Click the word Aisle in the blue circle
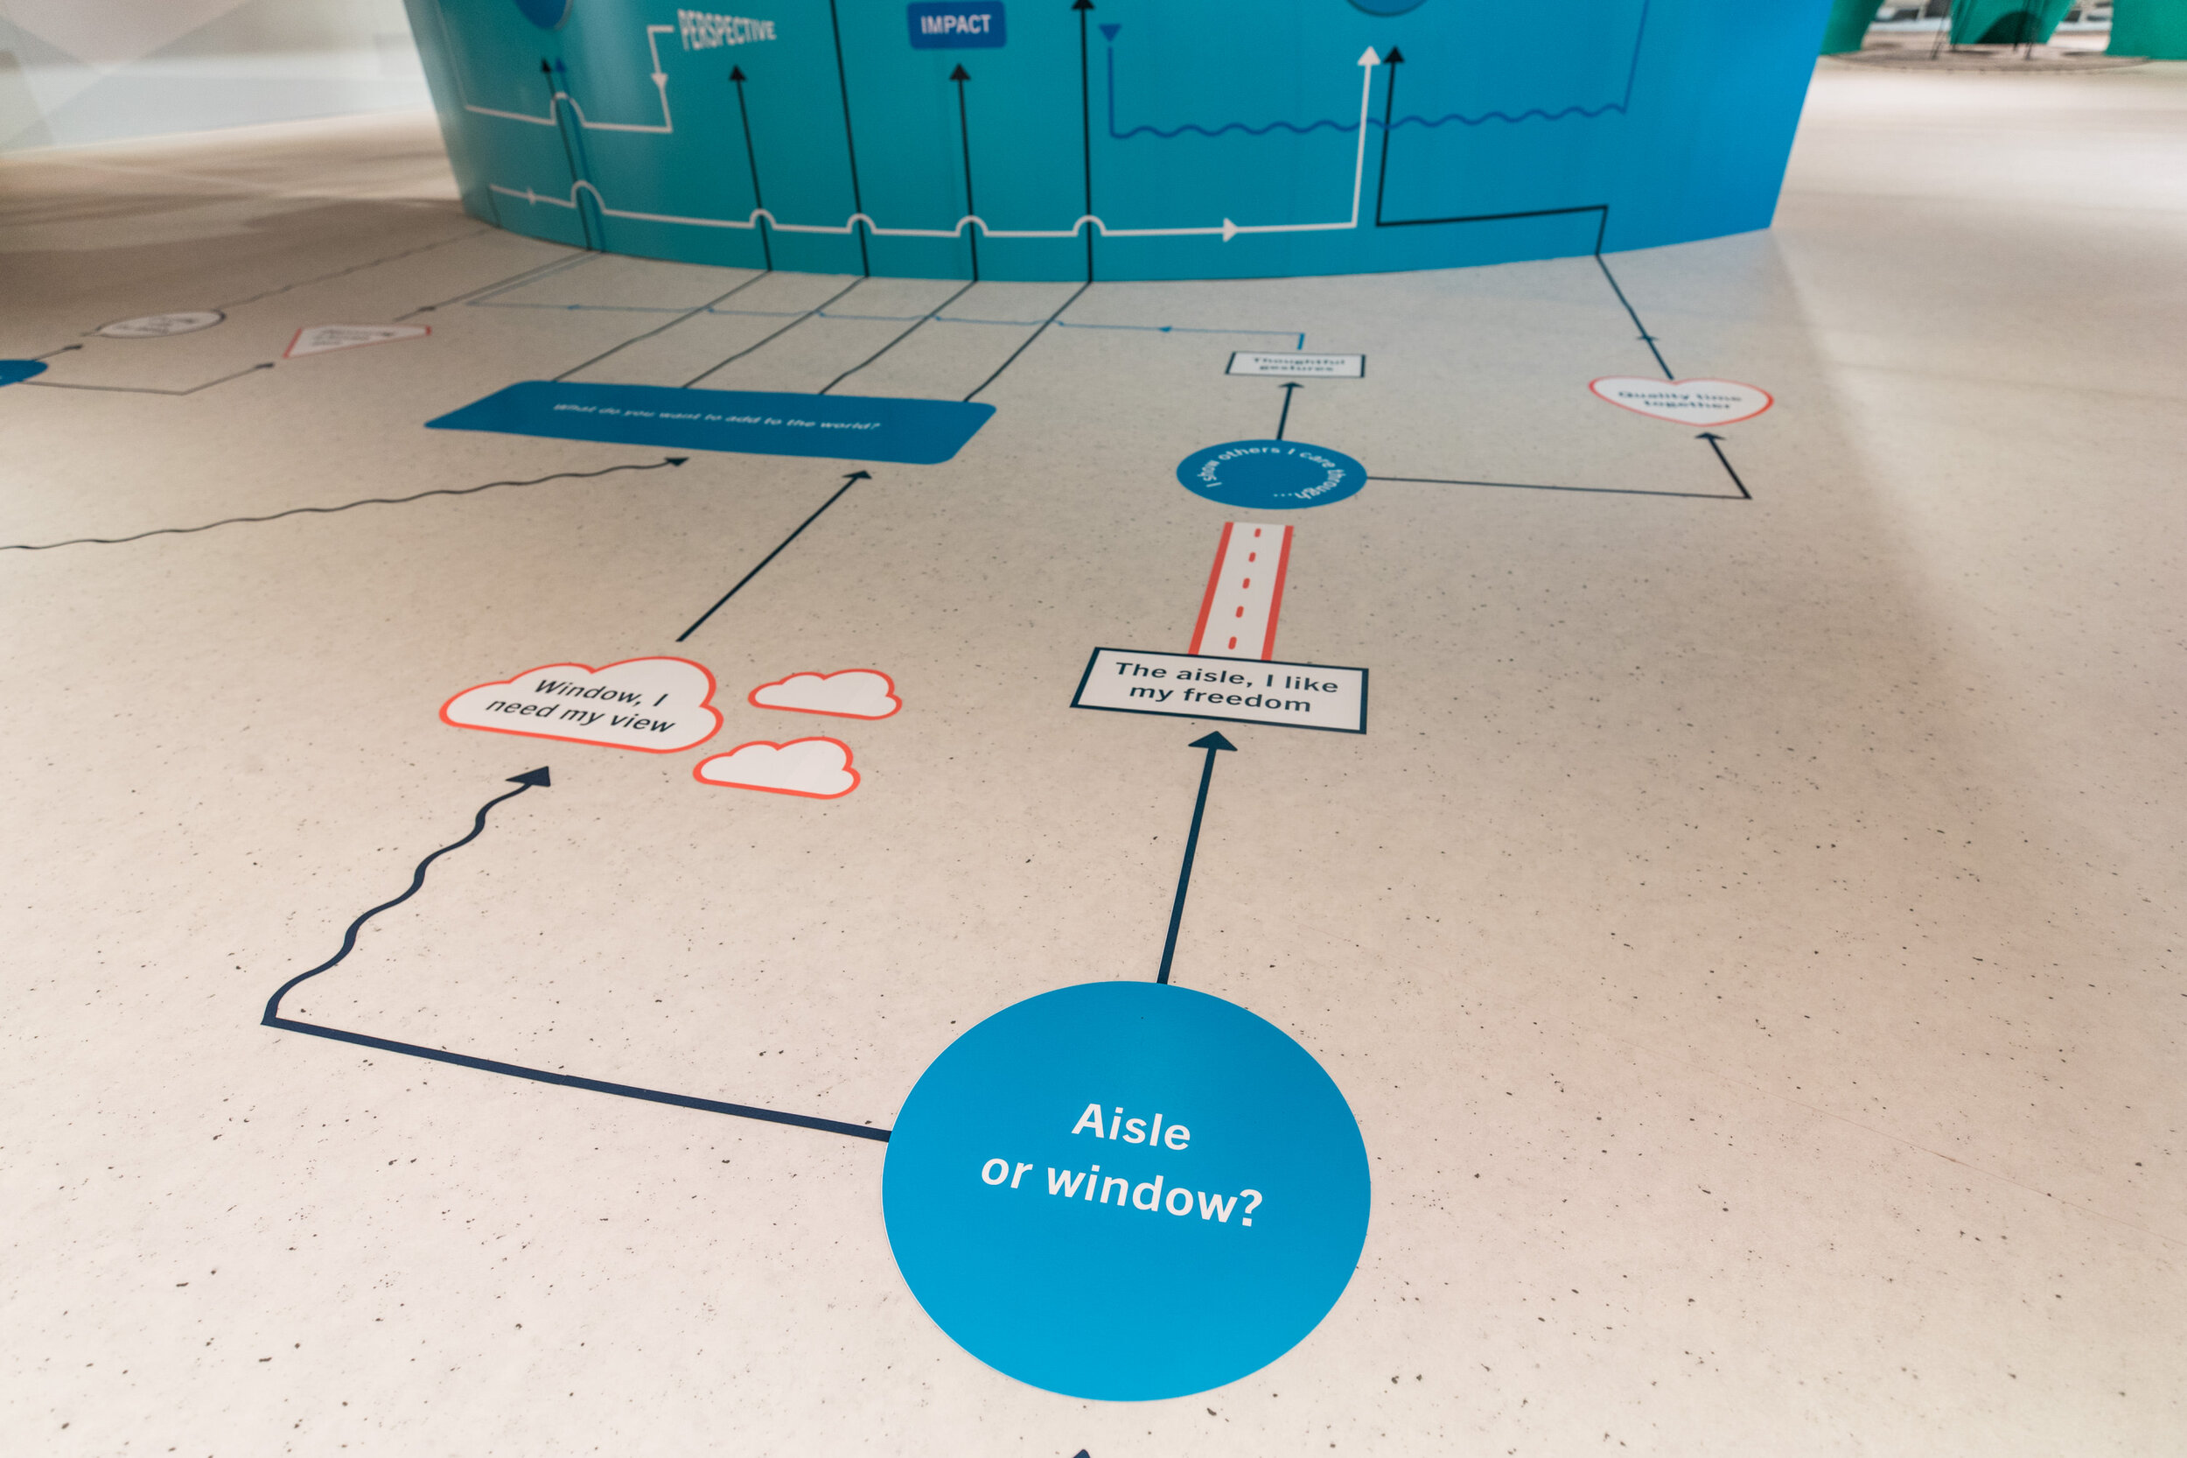[1130, 1127]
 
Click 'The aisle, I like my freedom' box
[1219, 690]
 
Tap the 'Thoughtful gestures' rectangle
[1295, 364]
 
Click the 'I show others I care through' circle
[1270, 474]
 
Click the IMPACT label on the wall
[955, 25]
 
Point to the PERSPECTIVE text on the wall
[726, 30]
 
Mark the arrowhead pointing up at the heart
[1712, 437]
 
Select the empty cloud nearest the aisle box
[825, 694]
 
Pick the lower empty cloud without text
[778, 768]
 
